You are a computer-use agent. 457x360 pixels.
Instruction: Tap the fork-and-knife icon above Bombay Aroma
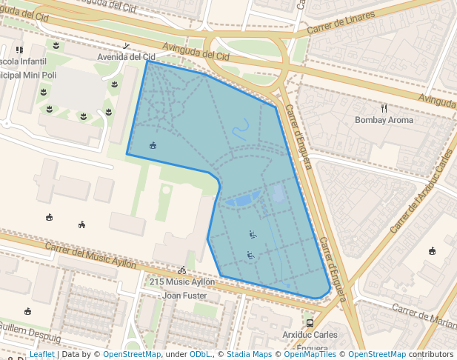click(x=384, y=108)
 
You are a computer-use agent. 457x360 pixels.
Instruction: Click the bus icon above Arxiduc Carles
click(x=310, y=323)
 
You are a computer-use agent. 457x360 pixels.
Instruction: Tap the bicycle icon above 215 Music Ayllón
click(x=182, y=270)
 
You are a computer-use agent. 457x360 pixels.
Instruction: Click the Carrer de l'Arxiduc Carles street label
click(x=421, y=190)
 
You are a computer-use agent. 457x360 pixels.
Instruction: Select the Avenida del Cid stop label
click(x=127, y=57)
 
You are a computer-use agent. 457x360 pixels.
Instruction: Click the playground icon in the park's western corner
click(x=153, y=145)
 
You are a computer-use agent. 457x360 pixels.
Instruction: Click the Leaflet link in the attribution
click(x=42, y=354)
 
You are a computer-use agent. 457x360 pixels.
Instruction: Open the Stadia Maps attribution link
click(x=249, y=354)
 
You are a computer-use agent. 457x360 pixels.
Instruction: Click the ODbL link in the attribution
click(x=200, y=354)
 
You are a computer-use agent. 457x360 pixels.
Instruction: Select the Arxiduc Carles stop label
click(x=310, y=335)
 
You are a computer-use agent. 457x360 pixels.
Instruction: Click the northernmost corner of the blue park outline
click(x=147, y=61)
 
